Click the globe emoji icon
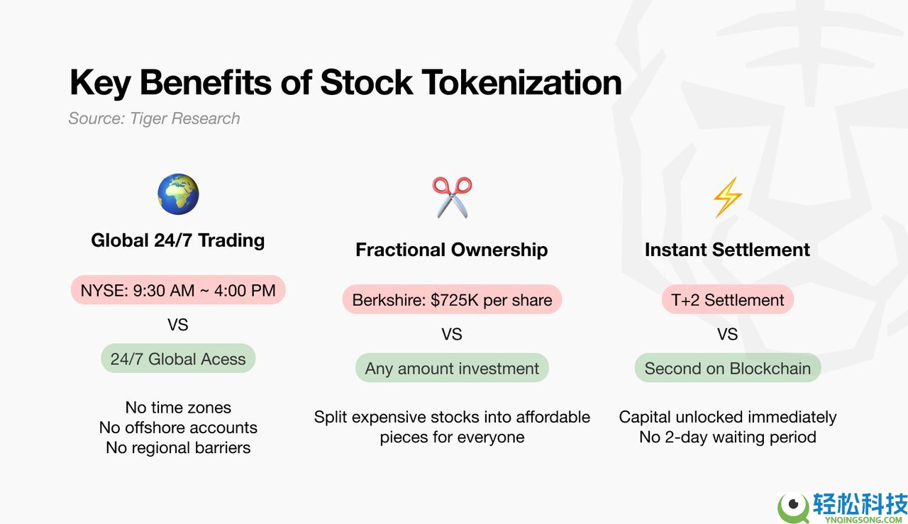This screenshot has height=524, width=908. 178,194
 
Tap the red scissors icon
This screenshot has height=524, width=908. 452,197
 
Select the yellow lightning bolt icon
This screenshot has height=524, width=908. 728,197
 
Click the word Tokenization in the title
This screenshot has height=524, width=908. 521,83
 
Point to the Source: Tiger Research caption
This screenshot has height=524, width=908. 154,118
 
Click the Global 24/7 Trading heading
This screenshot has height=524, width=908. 178,240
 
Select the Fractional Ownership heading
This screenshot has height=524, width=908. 452,250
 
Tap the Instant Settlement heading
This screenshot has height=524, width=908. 727,250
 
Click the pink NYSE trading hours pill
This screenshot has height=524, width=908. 178,290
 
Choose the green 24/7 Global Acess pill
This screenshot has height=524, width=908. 178,359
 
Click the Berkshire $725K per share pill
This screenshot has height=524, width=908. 452,300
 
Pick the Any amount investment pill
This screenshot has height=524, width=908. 452,368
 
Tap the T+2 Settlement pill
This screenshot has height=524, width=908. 728,300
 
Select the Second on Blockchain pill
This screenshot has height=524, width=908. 728,368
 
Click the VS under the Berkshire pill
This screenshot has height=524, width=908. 452,335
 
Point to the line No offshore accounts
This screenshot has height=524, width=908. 178,428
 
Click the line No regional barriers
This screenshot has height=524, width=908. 178,448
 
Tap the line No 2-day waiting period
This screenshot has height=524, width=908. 728,437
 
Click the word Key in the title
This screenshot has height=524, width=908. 100,84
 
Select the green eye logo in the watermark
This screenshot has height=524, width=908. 793,507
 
